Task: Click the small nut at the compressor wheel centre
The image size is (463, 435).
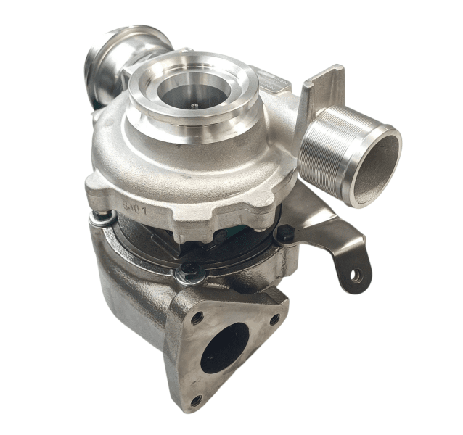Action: click(x=194, y=104)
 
